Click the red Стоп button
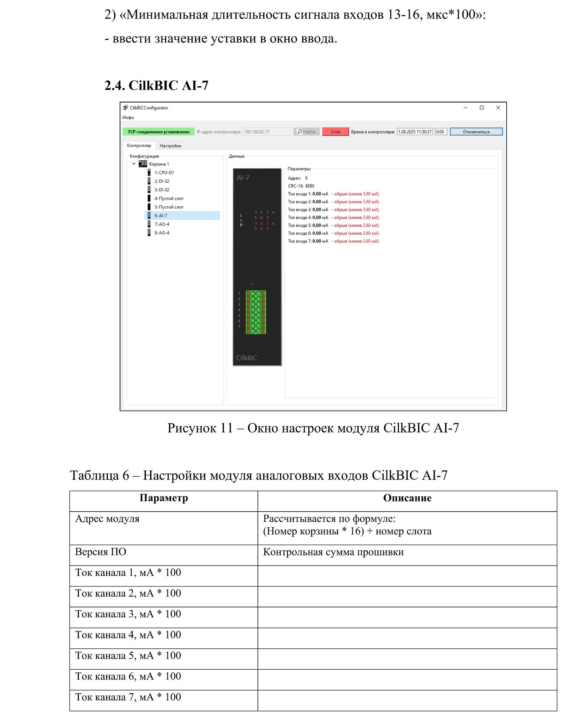(x=335, y=132)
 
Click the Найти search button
(x=306, y=132)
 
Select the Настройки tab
(x=170, y=145)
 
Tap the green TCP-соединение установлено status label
(x=158, y=132)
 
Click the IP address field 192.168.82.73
(x=266, y=132)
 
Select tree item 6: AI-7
(x=161, y=215)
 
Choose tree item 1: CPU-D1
(x=164, y=172)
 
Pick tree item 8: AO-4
(x=162, y=233)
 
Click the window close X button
(x=498, y=108)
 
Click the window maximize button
(x=482, y=108)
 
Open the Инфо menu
(x=128, y=117)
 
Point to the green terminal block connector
(x=256, y=312)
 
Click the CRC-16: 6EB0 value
(x=301, y=186)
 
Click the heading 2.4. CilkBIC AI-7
(x=156, y=85)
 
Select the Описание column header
(x=407, y=498)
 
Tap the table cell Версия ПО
(x=101, y=552)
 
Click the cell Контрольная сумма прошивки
(x=333, y=552)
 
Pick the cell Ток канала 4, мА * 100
(x=128, y=635)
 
